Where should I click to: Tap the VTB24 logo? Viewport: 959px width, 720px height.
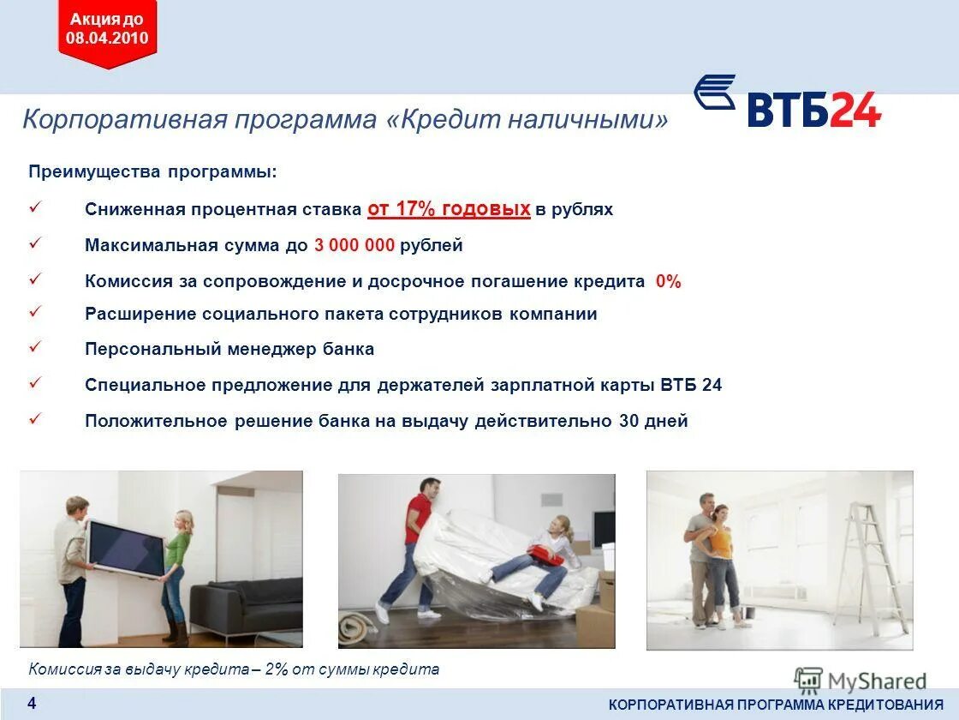[x=787, y=103]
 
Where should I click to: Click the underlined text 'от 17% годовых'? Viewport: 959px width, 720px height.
[x=449, y=208]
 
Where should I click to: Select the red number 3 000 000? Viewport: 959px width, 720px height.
[x=354, y=245]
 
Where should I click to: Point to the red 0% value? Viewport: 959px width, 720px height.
[x=668, y=281]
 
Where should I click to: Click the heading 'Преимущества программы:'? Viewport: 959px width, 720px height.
[x=153, y=171]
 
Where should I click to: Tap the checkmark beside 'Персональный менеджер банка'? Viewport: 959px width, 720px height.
[x=36, y=348]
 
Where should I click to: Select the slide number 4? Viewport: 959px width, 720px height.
[x=32, y=704]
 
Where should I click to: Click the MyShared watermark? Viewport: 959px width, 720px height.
[x=860, y=681]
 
